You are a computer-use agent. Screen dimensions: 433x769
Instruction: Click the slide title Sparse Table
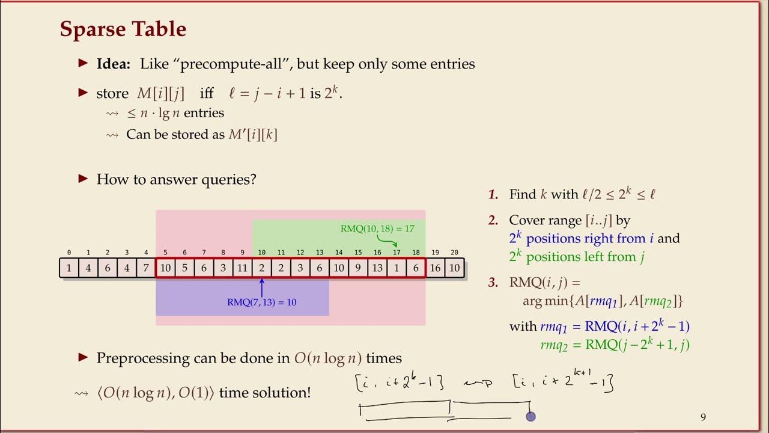click(123, 29)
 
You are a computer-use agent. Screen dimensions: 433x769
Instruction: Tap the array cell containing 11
click(242, 268)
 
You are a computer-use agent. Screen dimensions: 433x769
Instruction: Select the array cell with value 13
click(377, 268)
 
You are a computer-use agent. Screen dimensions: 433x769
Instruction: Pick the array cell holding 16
click(435, 268)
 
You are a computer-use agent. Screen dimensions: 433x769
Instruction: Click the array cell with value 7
click(146, 268)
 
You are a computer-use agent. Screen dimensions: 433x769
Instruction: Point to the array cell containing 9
click(358, 268)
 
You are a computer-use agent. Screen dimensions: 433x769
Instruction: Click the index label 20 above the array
click(454, 253)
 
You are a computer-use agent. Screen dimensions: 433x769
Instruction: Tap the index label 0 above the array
click(69, 253)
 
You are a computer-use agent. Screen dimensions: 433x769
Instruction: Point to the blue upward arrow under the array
click(261, 287)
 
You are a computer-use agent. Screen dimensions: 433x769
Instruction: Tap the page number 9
click(703, 417)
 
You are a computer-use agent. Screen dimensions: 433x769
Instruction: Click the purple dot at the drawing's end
click(530, 416)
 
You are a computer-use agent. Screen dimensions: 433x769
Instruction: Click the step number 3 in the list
click(493, 282)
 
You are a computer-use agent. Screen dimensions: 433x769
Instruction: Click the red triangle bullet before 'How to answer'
click(84, 179)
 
